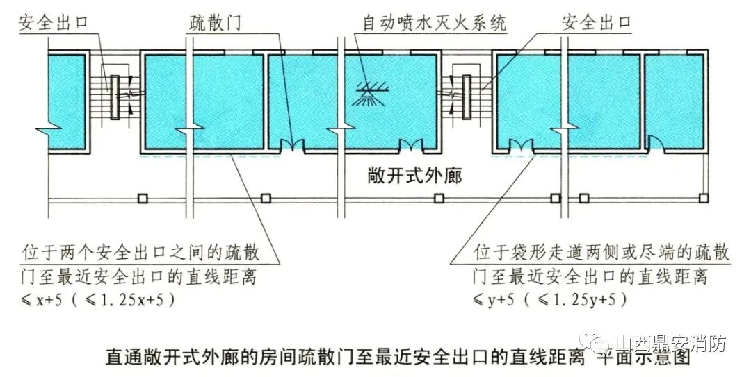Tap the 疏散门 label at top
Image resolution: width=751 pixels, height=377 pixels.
(215, 22)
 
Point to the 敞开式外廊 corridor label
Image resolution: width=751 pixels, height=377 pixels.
(415, 174)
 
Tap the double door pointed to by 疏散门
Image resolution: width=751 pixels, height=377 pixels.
(292, 146)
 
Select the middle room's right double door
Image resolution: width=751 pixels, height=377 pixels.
(411, 146)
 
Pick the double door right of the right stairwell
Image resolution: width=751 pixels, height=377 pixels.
(520, 146)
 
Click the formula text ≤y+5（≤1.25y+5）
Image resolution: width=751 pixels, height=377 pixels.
(551, 301)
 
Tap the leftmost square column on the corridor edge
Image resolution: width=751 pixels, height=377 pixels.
(142, 199)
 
